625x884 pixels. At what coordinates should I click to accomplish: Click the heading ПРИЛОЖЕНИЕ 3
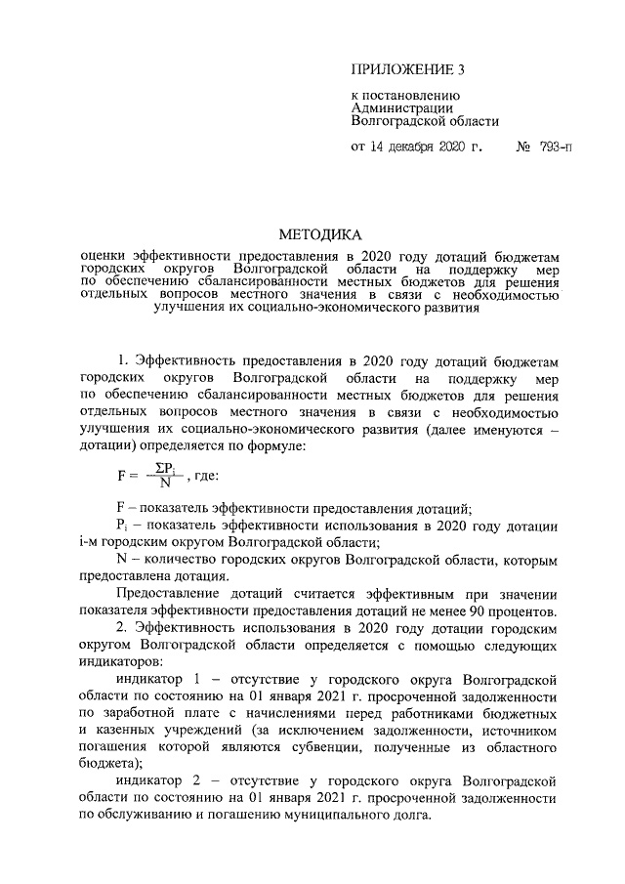[x=402, y=70]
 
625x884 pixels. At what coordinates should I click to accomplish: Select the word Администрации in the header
[x=398, y=108]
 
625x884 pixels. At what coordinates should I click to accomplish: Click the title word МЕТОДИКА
[x=320, y=234]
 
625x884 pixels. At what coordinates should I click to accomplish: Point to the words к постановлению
[x=399, y=96]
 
